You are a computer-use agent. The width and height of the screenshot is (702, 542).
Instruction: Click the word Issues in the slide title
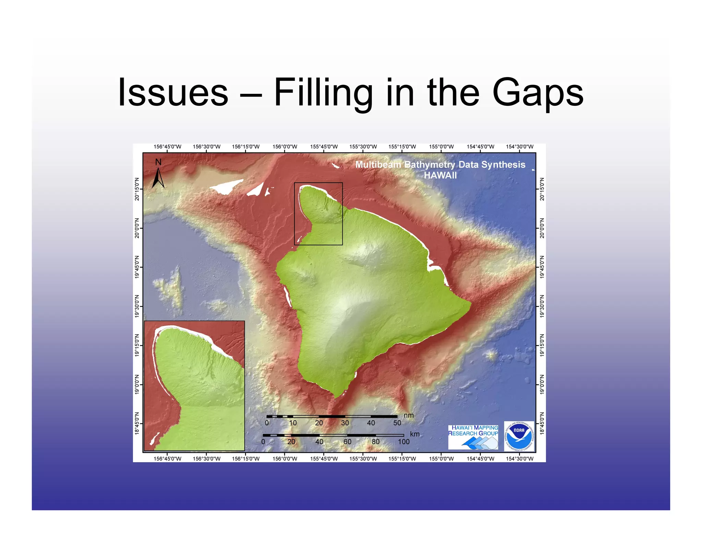[x=173, y=93]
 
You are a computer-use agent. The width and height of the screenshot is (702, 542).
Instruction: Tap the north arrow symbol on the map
[x=158, y=174]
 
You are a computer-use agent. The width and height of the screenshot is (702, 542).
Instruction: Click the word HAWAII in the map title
[x=440, y=175]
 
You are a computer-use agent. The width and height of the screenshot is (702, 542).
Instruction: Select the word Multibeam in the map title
[x=378, y=165]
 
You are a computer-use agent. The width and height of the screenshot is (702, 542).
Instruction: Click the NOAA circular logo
[x=519, y=436]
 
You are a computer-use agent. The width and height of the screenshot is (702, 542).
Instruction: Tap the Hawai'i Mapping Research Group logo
[x=473, y=437]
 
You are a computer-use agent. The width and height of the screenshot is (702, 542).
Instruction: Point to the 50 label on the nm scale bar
[x=397, y=423]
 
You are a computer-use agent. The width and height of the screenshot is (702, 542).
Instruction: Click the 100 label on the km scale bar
[x=403, y=442]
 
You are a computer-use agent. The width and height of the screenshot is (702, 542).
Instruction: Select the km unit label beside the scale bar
[x=415, y=434]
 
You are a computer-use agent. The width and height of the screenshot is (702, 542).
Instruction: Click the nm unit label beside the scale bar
[x=409, y=416]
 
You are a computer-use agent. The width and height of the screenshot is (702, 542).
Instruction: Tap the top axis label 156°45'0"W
[x=167, y=147]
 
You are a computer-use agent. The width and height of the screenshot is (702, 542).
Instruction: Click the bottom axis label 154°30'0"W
[x=520, y=459]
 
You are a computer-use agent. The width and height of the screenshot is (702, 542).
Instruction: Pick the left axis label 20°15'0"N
[x=137, y=189]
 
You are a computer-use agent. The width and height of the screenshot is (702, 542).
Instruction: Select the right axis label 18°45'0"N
[x=542, y=424]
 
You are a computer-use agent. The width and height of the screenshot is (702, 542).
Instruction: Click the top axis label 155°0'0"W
[x=441, y=147]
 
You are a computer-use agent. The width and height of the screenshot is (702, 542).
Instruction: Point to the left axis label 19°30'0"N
[x=137, y=306]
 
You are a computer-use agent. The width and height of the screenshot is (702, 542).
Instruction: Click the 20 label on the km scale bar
[x=291, y=442]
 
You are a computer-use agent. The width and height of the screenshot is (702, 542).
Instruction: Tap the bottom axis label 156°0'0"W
[x=285, y=459]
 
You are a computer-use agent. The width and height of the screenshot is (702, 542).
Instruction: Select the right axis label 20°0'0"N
[x=542, y=228]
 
